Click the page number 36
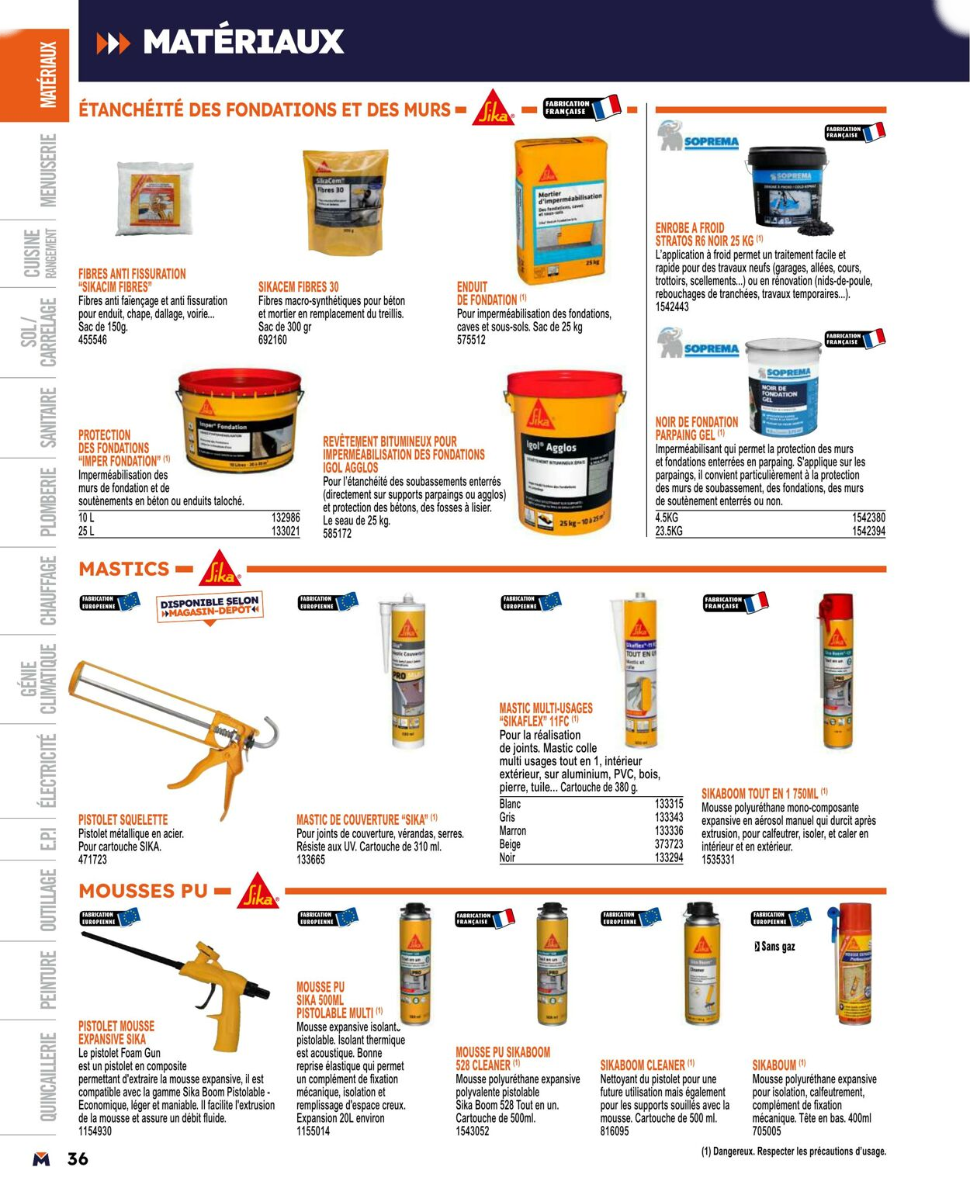78,1158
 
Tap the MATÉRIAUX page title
243,42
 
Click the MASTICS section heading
124,569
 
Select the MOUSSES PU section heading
144,891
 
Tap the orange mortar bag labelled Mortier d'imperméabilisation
560,210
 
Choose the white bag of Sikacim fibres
154,198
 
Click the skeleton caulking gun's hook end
269,732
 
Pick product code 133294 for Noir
669,857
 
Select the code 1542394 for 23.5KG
868,531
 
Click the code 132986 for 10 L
286,518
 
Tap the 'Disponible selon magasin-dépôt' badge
210,607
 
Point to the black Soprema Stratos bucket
788,190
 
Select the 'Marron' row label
512,830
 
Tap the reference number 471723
92,860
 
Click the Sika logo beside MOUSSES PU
258,892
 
